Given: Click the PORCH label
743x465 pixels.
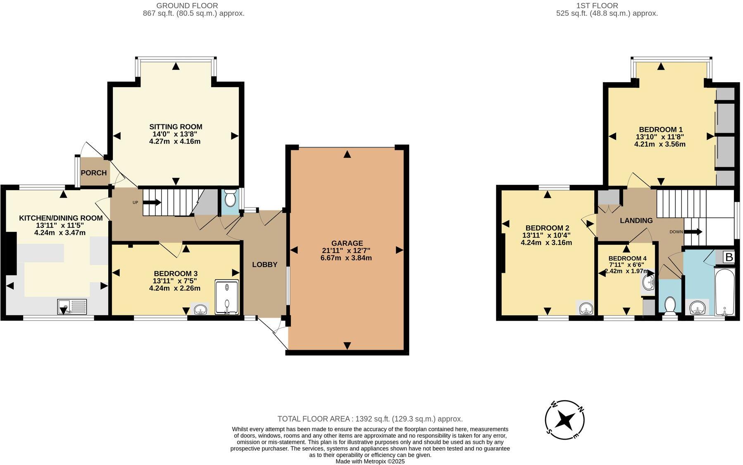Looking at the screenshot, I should coord(94,173).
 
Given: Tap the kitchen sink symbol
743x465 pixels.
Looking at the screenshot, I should coord(72,307).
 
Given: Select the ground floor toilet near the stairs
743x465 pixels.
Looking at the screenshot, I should coord(230,200).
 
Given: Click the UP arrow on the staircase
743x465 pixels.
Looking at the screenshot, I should coord(152,203).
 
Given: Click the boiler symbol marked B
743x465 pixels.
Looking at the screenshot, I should coord(729,257).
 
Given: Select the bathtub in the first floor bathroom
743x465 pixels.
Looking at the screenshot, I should coord(725,292).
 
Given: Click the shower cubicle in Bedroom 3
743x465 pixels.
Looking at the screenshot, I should coord(227,297).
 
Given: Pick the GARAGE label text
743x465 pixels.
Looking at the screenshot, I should coord(347,243).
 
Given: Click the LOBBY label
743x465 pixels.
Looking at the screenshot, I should coord(264,265).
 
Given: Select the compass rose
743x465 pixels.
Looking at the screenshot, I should coord(564,420).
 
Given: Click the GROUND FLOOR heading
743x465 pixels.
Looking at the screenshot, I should coord(187,6).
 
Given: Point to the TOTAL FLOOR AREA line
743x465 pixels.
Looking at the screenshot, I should coord(370,419).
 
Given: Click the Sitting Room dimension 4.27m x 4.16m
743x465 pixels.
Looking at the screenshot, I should coord(175,141).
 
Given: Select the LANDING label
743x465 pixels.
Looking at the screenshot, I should coord(636,221).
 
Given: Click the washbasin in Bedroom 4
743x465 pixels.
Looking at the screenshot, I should coord(648,283).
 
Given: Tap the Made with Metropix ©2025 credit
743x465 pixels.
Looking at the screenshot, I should coord(370,461).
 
